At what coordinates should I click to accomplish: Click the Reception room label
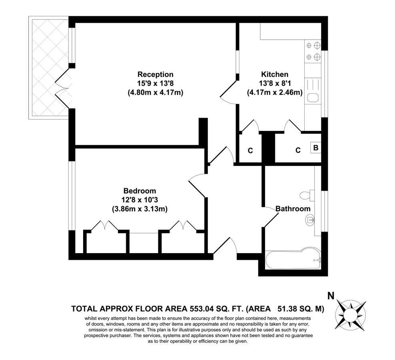tap(156, 74)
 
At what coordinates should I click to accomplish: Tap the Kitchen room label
tap(274, 74)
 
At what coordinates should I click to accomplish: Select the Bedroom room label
tap(140, 191)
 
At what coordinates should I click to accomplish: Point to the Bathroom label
tap(293, 209)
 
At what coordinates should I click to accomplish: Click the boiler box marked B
tap(316, 148)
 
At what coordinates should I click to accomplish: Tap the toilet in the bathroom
tap(306, 195)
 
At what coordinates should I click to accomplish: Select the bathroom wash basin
tap(311, 219)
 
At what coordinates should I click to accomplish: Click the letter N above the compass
tap(331, 296)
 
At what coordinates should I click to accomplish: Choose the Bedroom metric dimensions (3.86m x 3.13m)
tap(140, 209)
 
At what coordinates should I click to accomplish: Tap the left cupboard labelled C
tap(250, 151)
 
